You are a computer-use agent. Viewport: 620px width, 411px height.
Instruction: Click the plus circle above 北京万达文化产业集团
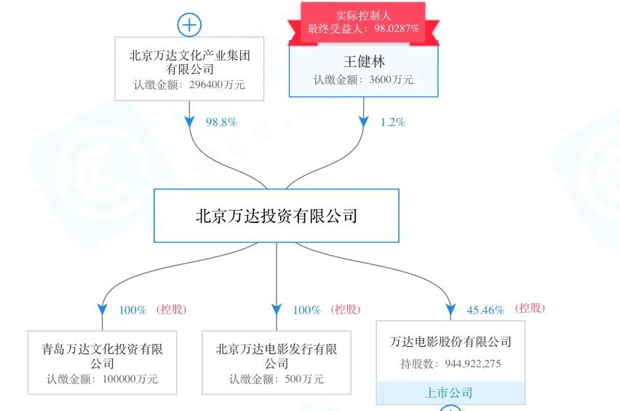[189, 25]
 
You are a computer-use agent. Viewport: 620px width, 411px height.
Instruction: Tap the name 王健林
[364, 62]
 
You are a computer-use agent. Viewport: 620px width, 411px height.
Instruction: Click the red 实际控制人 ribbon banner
[363, 23]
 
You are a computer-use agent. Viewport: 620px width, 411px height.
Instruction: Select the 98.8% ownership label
[221, 122]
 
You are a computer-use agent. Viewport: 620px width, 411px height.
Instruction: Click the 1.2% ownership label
[393, 122]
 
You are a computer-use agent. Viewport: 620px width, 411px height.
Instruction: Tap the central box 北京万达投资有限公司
[277, 216]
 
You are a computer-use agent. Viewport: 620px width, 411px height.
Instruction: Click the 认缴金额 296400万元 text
[189, 85]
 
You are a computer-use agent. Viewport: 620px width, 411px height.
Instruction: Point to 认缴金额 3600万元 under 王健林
[364, 79]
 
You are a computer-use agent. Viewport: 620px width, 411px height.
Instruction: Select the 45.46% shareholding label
[485, 310]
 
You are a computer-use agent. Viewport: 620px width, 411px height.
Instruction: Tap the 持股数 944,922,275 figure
[450, 364]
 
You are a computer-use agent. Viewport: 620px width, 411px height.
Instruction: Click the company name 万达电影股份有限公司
[450, 341]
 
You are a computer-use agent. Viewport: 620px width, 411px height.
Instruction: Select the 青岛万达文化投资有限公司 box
[102, 362]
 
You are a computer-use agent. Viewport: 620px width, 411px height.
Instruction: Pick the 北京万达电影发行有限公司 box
[277, 362]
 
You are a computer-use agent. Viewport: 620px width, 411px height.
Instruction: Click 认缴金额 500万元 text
[277, 379]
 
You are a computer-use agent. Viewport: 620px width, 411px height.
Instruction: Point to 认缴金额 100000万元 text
[102, 379]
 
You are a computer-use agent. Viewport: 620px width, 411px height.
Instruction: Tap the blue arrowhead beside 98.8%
[189, 122]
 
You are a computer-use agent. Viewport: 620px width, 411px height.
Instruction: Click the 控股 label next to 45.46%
[530, 308]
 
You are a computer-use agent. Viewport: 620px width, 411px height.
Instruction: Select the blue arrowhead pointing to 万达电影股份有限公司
[450, 309]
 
